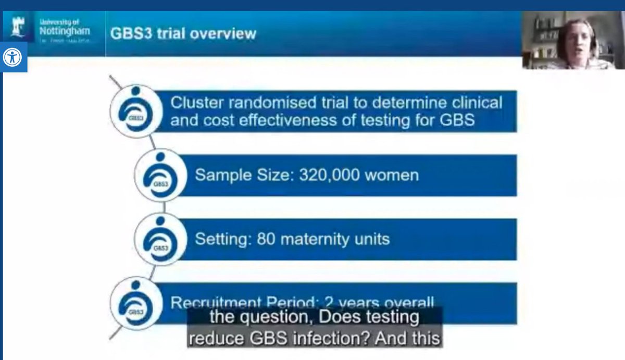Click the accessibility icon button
pyautogui.click(x=12, y=57)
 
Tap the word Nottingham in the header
pyautogui.click(x=65, y=31)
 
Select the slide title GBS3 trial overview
pyautogui.click(x=183, y=34)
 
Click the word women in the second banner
pyautogui.click(x=392, y=175)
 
